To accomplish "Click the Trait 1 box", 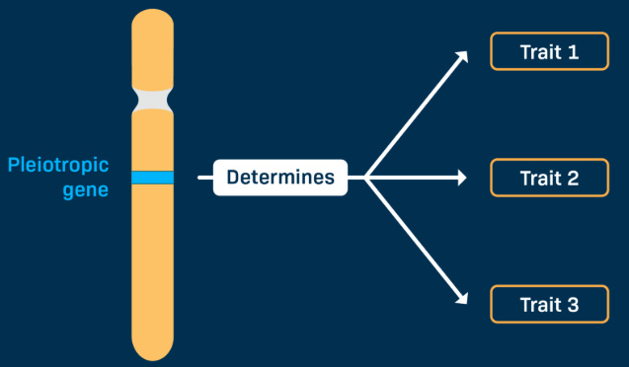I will point(549,51).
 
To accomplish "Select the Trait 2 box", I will point(549,179).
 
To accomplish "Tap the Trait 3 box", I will point(549,305).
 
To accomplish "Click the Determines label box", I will point(280,179).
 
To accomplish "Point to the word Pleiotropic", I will point(58,165).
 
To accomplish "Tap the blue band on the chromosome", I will point(153,178).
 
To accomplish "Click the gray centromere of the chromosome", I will point(153,99).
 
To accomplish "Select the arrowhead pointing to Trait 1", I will point(461,57).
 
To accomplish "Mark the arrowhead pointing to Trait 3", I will point(461,300).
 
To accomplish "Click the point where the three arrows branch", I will point(365,179).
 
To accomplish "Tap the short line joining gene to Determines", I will point(205,179).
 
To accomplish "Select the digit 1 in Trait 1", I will point(573,51).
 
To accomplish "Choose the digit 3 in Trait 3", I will point(573,305).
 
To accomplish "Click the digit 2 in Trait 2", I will point(573,179).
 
